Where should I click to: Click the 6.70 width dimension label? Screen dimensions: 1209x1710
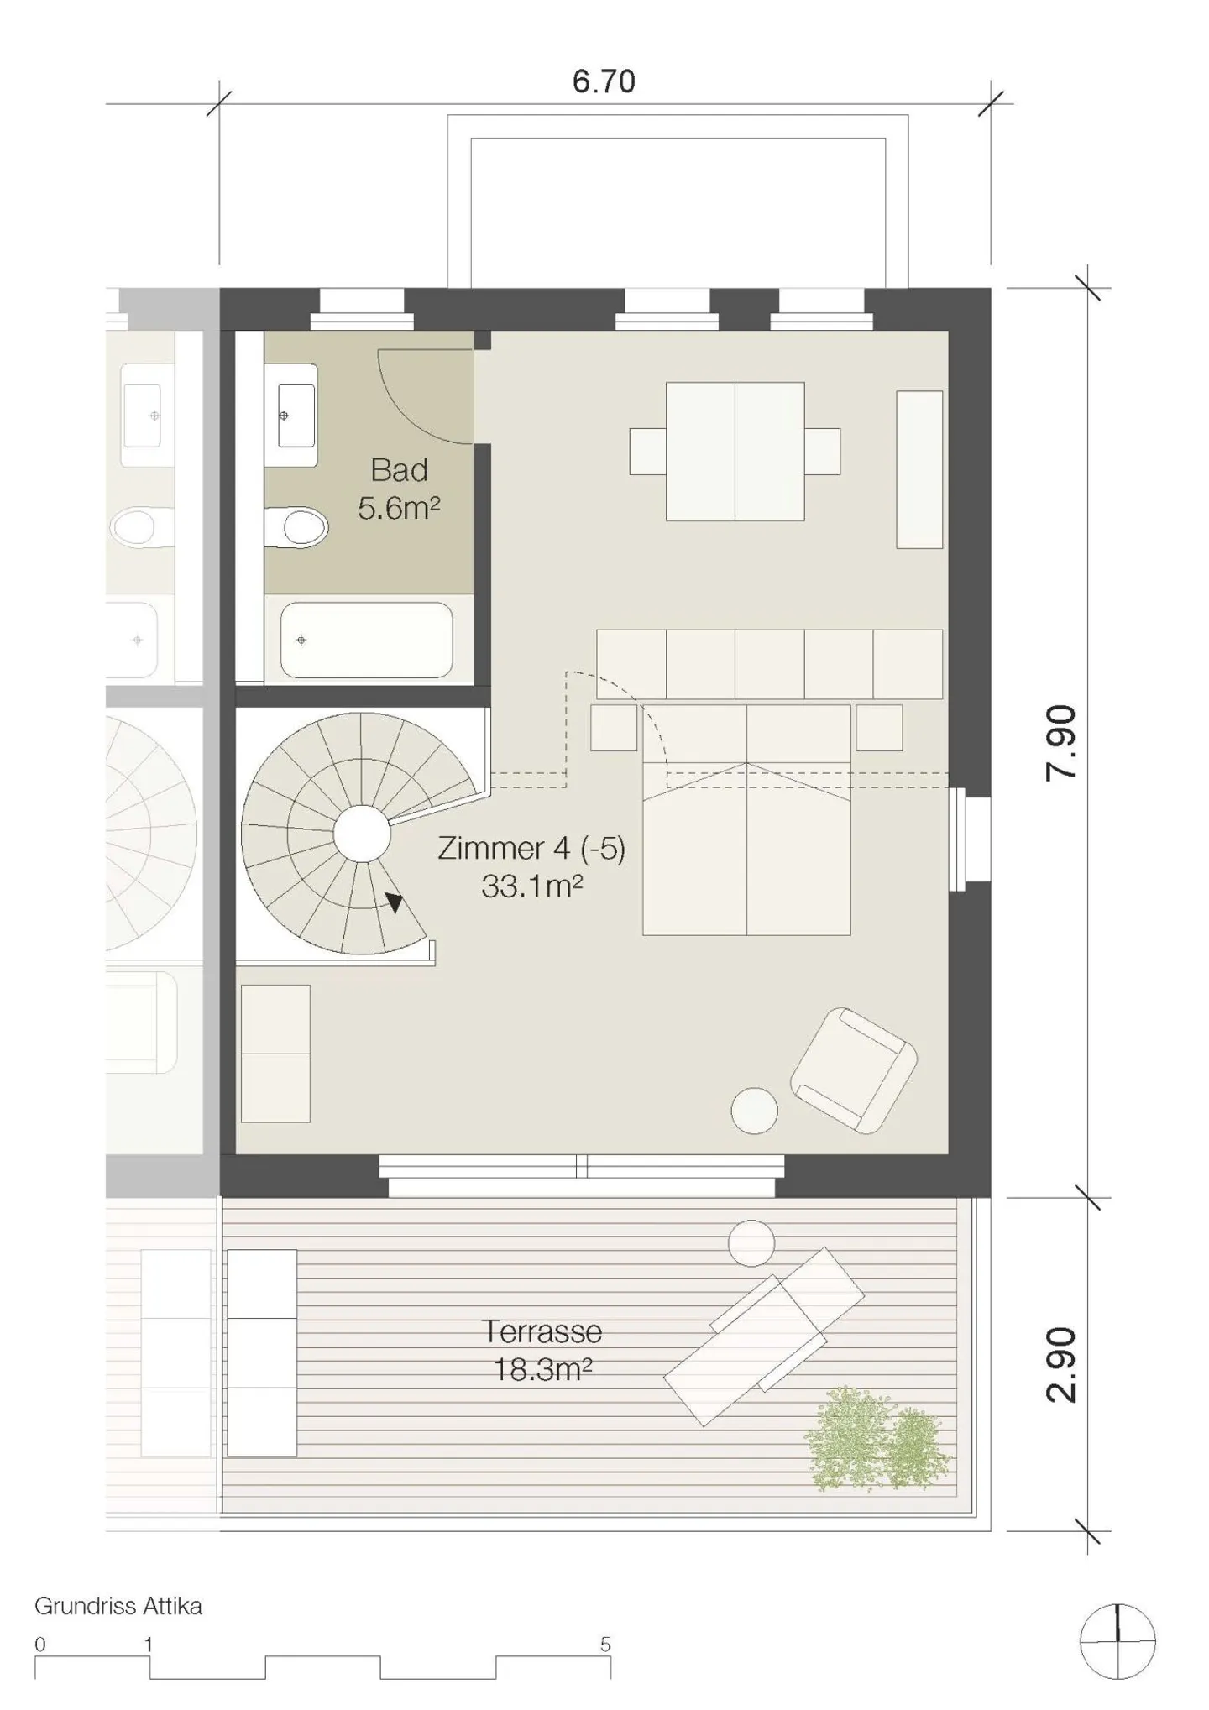603,81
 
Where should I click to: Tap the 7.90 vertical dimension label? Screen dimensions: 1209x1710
1061,743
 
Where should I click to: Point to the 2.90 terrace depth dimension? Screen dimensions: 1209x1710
1061,1364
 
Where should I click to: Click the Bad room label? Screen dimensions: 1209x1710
400,470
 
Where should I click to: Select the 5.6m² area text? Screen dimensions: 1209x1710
399,508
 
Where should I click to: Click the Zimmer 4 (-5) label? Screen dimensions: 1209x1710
531,848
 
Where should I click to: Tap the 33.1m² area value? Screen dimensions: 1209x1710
531,886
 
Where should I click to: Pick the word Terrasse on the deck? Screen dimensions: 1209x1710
542,1331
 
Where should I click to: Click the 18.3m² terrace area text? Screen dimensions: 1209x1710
542,1370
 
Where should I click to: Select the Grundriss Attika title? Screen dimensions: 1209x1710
118,1606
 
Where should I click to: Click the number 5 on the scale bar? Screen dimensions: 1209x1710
605,1644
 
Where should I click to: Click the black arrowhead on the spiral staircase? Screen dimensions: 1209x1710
393,902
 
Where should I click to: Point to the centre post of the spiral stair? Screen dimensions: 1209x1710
362,833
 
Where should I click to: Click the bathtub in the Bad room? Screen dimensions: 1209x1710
367,640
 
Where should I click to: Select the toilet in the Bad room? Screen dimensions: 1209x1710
296,527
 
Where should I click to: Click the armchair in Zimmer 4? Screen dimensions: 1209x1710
853,1069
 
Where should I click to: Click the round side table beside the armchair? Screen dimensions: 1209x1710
754,1111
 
